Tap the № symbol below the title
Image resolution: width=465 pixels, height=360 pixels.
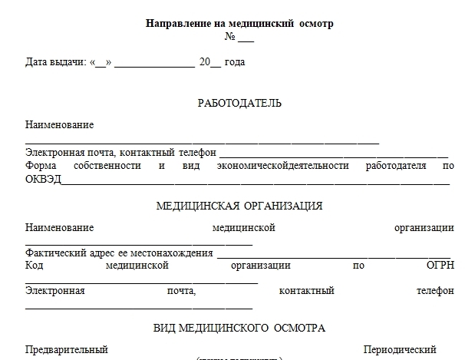tap(229, 37)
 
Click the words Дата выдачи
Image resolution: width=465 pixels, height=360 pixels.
tap(54, 62)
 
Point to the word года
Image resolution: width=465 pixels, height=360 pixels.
tap(234, 62)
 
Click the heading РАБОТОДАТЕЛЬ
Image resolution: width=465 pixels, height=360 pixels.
tap(239, 103)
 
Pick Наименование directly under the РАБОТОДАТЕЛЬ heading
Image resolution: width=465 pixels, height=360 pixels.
tap(59, 124)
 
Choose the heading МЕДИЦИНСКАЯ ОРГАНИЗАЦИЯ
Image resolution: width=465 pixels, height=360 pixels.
tap(239, 206)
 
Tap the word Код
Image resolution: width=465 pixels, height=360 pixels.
tap(34, 266)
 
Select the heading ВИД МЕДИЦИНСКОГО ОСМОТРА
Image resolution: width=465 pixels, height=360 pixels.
tap(239, 328)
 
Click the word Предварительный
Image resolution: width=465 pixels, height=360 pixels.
tap(66, 349)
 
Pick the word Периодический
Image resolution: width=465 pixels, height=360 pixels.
tap(400, 349)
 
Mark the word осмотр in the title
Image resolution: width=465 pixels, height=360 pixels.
tap(315, 24)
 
